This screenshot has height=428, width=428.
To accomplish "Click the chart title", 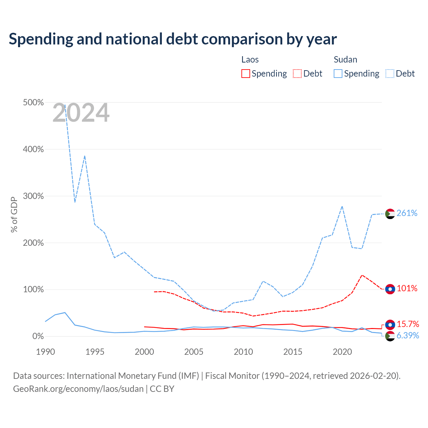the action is [x=173, y=39].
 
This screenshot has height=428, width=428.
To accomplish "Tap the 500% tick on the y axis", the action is [x=33, y=103].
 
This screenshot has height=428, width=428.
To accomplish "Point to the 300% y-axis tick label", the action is [x=33, y=196].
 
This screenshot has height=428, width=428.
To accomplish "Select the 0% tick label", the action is [x=38, y=336].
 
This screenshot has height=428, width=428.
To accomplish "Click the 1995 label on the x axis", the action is [x=95, y=352].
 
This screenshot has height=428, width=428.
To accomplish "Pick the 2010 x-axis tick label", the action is [x=243, y=352].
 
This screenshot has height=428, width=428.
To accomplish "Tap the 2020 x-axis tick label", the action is [x=342, y=352].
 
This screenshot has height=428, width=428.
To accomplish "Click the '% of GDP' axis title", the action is [x=14, y=215].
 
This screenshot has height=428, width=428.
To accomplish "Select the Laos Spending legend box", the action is [x=246, y=74].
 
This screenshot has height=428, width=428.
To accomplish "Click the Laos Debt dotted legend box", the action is [x=297, y=74].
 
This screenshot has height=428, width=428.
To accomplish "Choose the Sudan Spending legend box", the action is [x=338, y=74].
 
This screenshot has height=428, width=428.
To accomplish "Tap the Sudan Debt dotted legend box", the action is [x=390, y=74].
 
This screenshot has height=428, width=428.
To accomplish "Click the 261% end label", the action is [x=407, y=213].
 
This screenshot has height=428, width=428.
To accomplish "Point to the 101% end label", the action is [x=407, y=288].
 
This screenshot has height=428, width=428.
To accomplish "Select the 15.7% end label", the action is [x=408, y=324].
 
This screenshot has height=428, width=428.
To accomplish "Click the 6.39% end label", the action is [x=408, y=335].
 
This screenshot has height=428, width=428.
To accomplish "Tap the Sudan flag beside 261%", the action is [x=390, y=214].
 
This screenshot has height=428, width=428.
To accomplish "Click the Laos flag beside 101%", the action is [x=390, y=289].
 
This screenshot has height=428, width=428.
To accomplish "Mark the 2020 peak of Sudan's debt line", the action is [x=342, y=207].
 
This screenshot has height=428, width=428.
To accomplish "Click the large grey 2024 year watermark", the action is [x=81, y=113].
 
